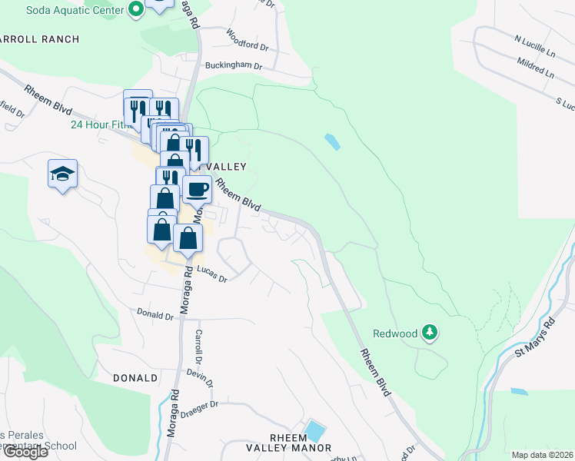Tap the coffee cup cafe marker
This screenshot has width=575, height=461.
(197, 188)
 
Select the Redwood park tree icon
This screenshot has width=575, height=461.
(431, 333)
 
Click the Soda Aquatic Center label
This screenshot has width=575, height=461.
(75, 10)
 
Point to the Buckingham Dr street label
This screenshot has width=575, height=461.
(234, 66)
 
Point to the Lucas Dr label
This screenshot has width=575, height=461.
(211, 274)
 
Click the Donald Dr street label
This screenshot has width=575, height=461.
(155, 314)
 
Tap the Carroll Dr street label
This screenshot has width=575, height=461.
(198, 347)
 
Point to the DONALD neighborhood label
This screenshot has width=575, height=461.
(135, 378)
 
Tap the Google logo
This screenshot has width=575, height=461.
(25, 452)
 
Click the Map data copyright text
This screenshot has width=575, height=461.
(542, 455)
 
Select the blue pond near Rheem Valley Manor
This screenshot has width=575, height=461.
(314, 429)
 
